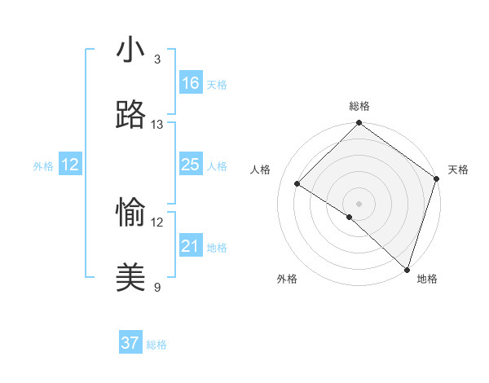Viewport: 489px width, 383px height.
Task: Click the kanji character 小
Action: [130, 49]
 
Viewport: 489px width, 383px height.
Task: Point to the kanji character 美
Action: [130, 278]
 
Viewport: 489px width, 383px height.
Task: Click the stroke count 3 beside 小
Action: [157, 59]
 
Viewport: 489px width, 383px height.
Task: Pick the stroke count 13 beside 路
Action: [157, 125]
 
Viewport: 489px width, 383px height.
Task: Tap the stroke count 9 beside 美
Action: [157, 287]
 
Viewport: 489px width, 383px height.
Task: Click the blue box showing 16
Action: [191, 83]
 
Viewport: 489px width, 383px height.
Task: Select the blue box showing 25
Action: [191, 165]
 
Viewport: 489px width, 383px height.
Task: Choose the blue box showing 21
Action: [191, 246]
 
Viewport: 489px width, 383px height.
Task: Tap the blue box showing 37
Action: [130, 343]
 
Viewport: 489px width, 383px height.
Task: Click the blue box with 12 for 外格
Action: [70, 165]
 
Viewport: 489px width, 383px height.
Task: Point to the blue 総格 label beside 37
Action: [156, 345]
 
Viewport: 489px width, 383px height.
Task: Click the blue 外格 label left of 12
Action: [43, 166]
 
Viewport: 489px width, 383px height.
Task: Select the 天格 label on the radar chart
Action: [458, 169]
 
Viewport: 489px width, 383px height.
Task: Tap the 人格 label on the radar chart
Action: [260, 169]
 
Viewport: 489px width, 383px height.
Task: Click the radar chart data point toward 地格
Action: [407, 269]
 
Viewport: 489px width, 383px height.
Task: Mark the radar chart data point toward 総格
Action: [359, 124]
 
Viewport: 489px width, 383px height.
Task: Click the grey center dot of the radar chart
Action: [359, 203]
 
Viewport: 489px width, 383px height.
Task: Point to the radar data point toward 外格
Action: [350, 217]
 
